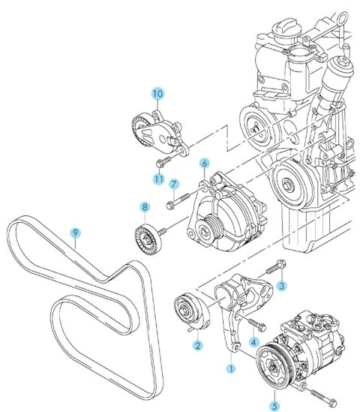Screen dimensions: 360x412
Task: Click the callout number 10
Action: click(157, 94)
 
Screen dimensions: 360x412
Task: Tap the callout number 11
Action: click(159, 179)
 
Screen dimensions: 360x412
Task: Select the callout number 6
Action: click(205, 164)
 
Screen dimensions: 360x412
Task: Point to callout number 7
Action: click(173, 184)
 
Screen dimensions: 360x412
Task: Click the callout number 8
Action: click(145, 207)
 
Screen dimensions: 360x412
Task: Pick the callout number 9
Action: click(75, 233)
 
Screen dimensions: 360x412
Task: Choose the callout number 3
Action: click(281, 286)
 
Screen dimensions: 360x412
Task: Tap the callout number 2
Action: click(197, 345)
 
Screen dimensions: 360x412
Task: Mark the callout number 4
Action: click(253, 342)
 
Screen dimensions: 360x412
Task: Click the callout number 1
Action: click(231, 368)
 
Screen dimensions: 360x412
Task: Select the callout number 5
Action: click(274, 406)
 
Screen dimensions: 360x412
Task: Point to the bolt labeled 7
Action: click(178, 200)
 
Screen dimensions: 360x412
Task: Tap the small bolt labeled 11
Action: click(163, 161)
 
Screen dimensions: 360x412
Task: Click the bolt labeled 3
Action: click(276, 266)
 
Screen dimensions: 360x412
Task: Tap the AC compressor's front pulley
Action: click(273, 366)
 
